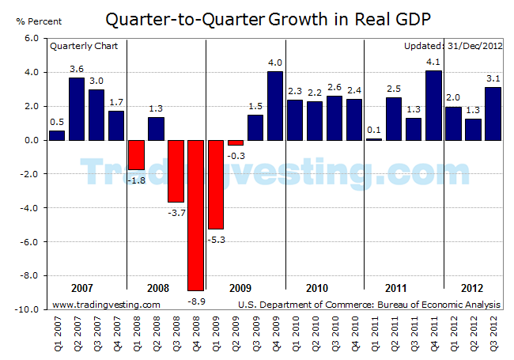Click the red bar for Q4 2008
click(195, 215)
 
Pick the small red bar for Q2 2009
click(235, 142)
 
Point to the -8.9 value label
click(195, 298)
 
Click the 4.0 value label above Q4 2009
click(274, 63)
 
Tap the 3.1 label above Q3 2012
click(492, 78)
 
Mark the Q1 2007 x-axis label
click(57, 332)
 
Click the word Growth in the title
click(306, 18)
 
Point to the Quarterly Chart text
click(84, 46)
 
